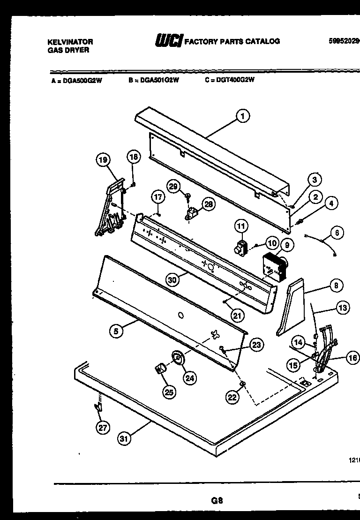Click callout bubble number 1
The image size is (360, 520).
242,116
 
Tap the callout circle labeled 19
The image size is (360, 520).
103,161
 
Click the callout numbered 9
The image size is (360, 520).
286,244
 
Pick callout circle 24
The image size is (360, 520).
189,378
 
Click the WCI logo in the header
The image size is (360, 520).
168,41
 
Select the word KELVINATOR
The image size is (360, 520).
70,42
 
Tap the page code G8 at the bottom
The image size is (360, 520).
217,500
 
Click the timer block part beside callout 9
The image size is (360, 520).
272,268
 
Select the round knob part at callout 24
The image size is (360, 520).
177,358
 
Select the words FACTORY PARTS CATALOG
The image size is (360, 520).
232,41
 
